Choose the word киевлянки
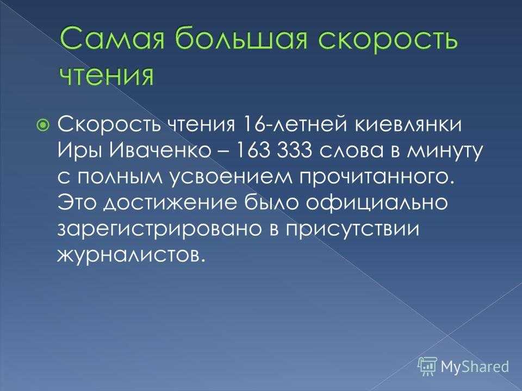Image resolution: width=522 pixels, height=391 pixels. point(407,125)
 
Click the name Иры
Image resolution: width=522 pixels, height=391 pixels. point(80,152)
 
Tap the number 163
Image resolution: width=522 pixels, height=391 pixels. point(252,152)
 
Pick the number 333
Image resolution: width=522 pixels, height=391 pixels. point(294,152)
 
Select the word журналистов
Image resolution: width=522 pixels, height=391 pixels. point(130,255)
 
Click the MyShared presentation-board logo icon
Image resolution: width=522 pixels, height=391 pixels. point(427,366)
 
